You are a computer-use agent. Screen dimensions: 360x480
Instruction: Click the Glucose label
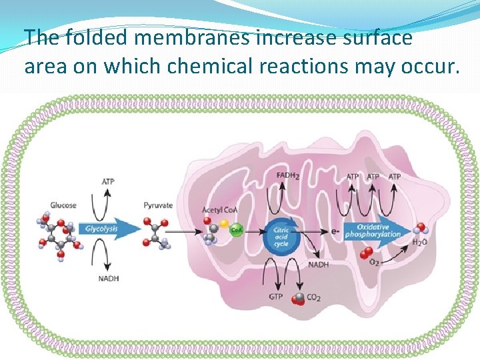click(x=63, y=205)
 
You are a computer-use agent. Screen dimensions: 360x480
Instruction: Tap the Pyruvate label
click(x=158, y=205)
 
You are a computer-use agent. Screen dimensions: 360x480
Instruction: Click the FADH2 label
click(x=287, y=177)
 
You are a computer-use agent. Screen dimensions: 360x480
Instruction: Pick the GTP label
click(x=276, y=297)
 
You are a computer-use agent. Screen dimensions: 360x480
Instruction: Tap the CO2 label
click(x=313, y=297)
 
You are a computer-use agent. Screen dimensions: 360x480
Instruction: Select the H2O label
click(x=419, y=242)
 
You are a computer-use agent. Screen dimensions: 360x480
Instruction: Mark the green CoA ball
click(x=235, y=230)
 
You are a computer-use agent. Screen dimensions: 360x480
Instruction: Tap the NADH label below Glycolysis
click(x=107, y=278)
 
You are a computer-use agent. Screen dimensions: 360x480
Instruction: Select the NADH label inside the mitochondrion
click(x=317, y=265)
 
